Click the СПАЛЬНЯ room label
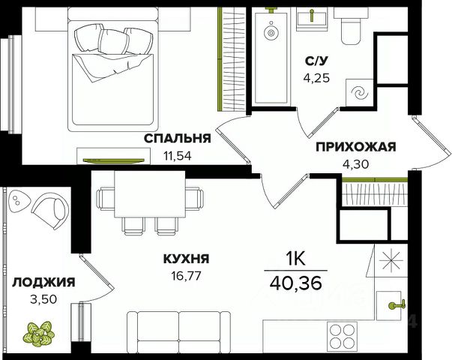pyautogui.click(x=178, y=139)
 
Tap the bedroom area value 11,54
pyautogui.click(x=178, y=156)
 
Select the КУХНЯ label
pyautogui.click(x=186, y=259)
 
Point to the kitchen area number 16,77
pyautogui.click(x=186, y=276)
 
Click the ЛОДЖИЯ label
pyautogui.click(x=43, y=282)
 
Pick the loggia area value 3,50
pyautogui.click(x=43, y=299)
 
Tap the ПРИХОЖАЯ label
pyautogui.click(x=356, y=147)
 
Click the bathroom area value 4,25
pyautogui.click(x=316, y=78)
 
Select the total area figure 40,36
pyautogui.click(x=296, y=283)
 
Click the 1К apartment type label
pyautogui.click(x=295, y=259)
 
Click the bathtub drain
pyautogui.click(x=271, y=33)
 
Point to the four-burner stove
pyautogui.click(x=342, y=336)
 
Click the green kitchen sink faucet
pyautogui.click(x=397, y=304)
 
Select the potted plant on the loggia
pyautogui.click(x=39, y=334)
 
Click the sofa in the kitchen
pyautogui.click(x=178, y=331)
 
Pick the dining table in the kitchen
pyautogui.click(x=150, y=193)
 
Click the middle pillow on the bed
pyautogui.click(x=113, y=41)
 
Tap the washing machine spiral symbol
pyautogui.click(x=360, y=94)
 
